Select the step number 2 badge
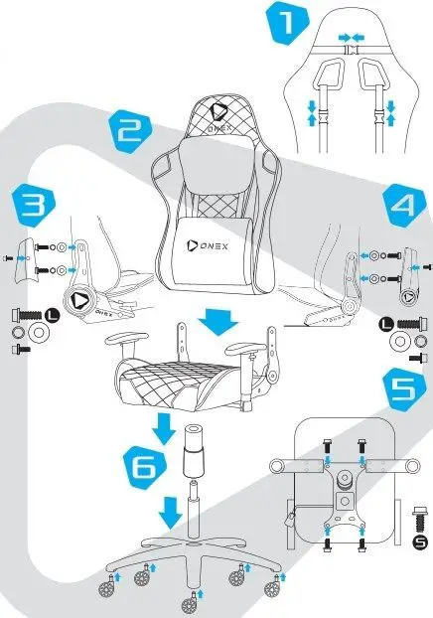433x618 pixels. coord(130,130)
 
